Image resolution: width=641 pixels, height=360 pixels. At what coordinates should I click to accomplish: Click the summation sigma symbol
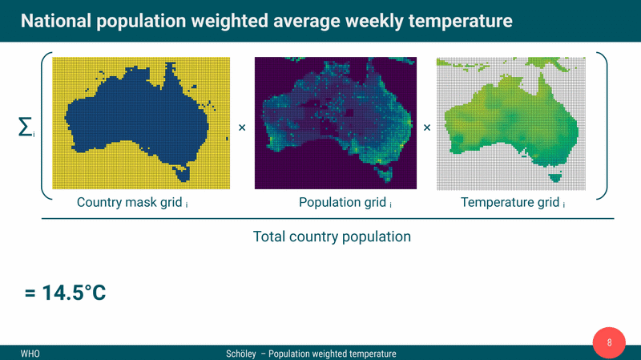pyautogui.click(x=25, y=127)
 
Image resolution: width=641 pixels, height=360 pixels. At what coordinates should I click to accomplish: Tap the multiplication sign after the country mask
pyautogui.click(x=242, y=127)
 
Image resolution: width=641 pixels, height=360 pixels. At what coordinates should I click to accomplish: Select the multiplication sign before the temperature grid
pyautogui.click(x=426, y=127)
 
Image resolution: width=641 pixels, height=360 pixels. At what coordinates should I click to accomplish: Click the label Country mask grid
pyautogui.click(x=130, y=202)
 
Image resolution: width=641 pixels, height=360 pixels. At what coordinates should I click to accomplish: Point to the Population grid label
pyautogui.click(x=343, y=202)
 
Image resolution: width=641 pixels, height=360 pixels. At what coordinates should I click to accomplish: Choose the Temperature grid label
pyautogui.click(x=510, y=202)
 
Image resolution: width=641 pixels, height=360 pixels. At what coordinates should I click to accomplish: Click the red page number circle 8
pyautogui.click(x=609, y=343)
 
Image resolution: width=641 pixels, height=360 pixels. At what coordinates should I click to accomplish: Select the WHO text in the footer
pyautogui.click(x=30, y=354)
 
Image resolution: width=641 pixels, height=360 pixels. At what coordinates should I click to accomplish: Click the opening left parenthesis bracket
pyautogui.click(x=45, y=127)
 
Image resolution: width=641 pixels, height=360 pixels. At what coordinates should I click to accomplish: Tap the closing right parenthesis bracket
pyautogui.click(x=602, y=127)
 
